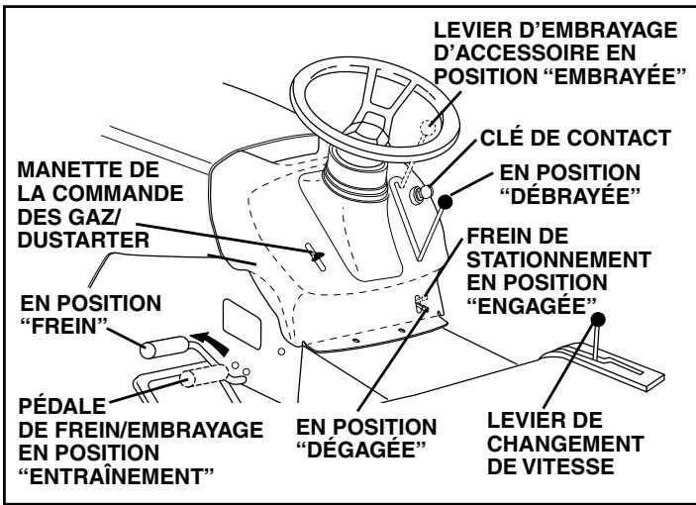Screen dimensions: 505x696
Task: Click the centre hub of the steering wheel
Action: [x=365, y=123]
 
